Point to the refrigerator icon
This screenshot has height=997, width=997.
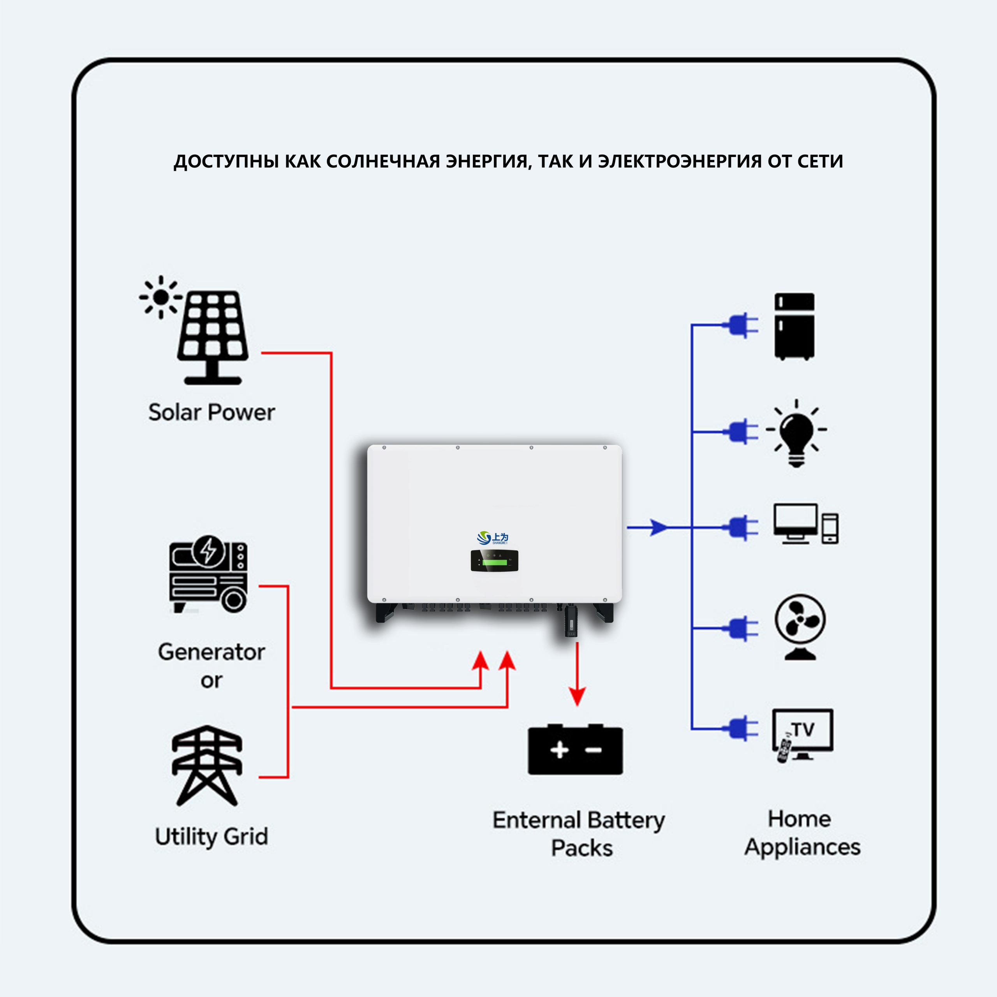tap(794, 326)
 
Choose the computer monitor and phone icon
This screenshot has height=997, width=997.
tap(805, 524)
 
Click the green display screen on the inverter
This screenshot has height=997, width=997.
tap(494, 562)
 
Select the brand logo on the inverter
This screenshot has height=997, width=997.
tap(492, 538)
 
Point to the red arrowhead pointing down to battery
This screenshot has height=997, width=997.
tap(577, 697)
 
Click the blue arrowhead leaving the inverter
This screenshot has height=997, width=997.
tap(658, 527)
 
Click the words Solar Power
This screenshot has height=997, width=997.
tap(211, 412)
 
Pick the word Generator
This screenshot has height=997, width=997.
tap(211, 652)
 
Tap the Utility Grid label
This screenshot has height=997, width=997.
tap(211, 837)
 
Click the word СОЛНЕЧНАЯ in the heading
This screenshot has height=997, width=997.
tap(384, 162)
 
